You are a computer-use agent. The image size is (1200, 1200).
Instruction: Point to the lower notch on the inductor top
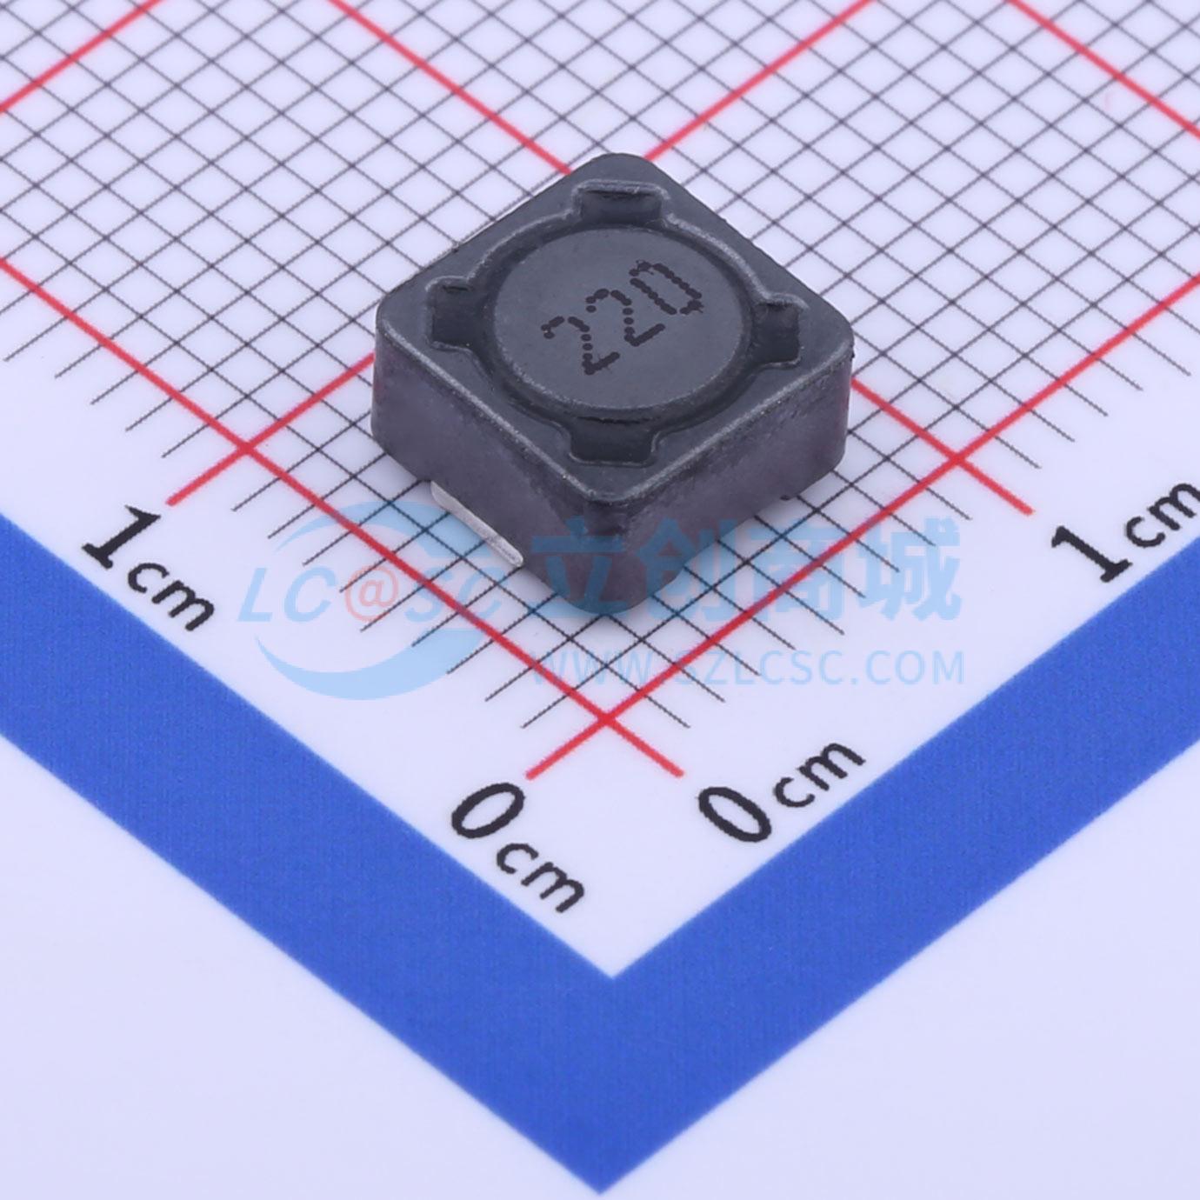(x=613, y=439)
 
